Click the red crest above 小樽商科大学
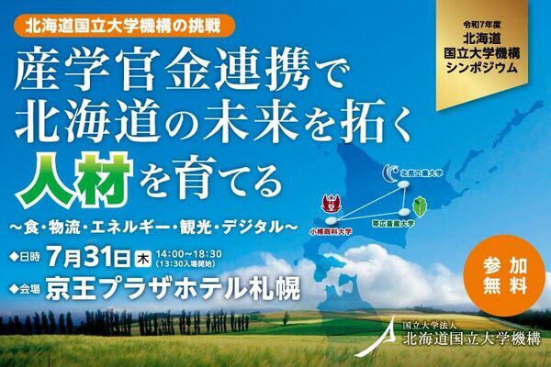[324, 204]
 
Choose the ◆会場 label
[24, 289]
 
